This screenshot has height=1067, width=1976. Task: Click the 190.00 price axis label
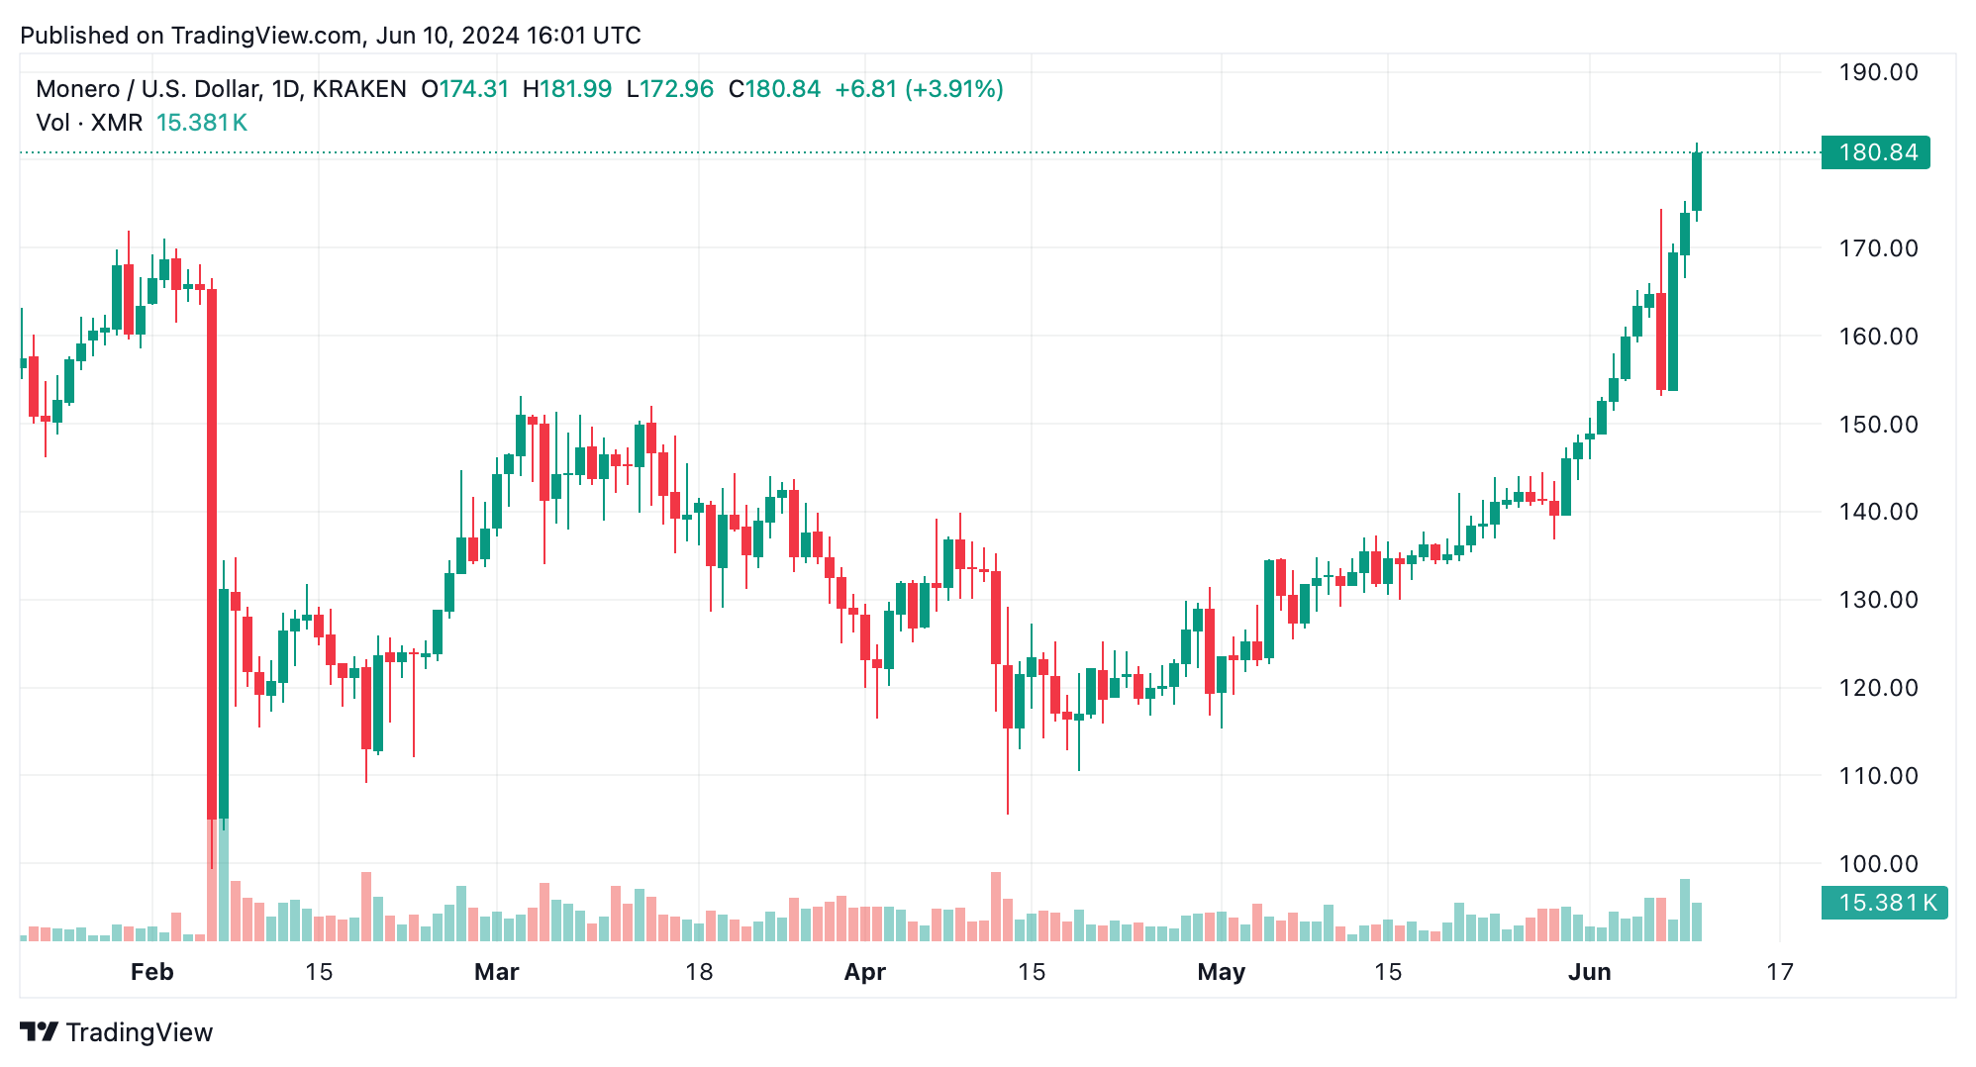(1877, 72)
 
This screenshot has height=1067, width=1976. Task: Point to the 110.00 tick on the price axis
(1877, 776)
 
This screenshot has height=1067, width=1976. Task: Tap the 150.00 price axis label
(1877, 425)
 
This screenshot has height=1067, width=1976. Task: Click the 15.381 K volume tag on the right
(1883, 903)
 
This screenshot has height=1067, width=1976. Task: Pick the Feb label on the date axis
(151, 972)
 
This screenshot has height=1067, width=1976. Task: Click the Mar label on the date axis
(496, 972)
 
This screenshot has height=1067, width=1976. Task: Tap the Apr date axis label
(864, 972)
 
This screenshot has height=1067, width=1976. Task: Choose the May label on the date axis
(1221, 972)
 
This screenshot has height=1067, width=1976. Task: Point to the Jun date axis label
(1589, 972)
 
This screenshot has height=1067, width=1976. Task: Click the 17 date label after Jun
(1779, 972)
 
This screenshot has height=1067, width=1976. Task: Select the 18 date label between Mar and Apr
(699, 972)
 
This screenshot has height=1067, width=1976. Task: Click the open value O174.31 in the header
(464, 89)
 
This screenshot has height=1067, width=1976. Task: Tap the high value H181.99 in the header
(566, 89)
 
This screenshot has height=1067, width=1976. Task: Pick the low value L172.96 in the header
(669, 89)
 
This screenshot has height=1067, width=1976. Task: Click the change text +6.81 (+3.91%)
(919, 89)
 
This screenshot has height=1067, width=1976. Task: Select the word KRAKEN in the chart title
(358, 89)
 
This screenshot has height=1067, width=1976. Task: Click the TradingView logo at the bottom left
(116, 1032)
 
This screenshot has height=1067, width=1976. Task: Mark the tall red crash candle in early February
(212, 554)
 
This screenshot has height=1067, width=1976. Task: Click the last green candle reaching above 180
(1697, 181)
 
